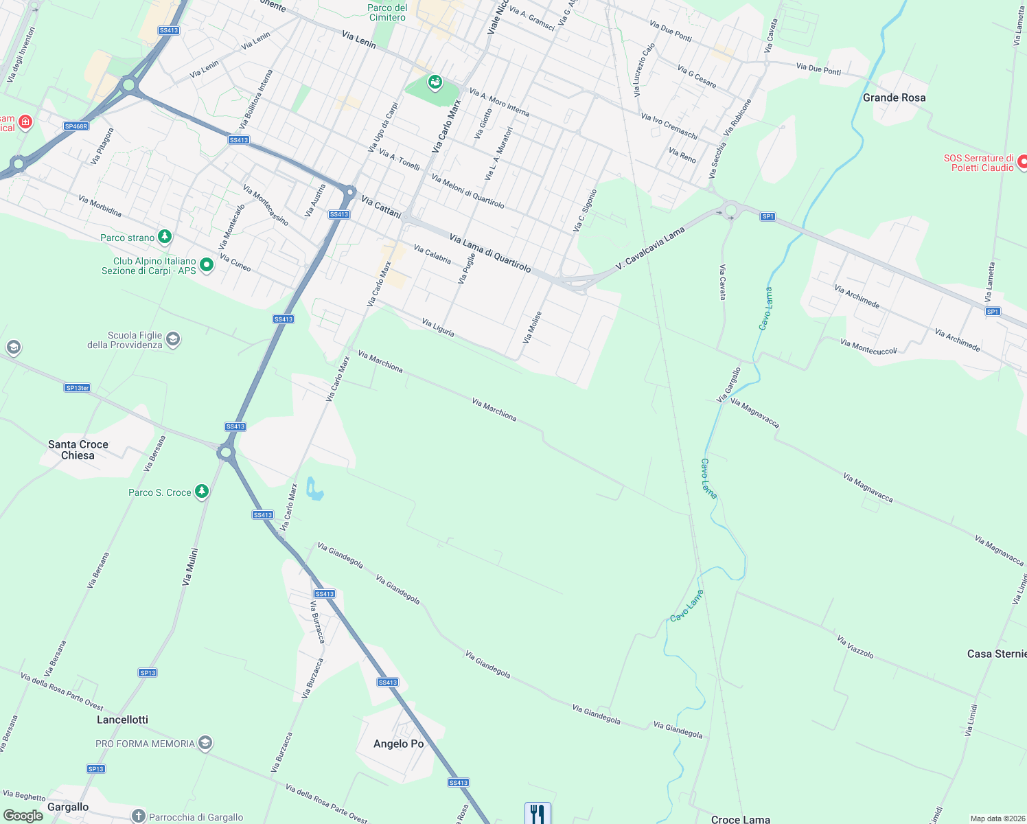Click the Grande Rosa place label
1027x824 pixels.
click(894, 98)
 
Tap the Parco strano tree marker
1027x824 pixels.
click(165, 237)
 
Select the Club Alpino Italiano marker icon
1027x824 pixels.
click(207, 265)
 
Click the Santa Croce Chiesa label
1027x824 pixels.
click(78, 450)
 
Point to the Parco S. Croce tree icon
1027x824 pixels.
click(201, 492)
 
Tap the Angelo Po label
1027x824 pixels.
click(398, 744)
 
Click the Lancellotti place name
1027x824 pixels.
click(122, 720)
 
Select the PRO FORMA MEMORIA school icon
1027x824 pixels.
click(205, 743)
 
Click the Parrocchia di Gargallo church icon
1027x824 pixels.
click(139, 816)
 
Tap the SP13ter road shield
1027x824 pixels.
click(78, 388)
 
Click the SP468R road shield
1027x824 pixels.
click(76, 126)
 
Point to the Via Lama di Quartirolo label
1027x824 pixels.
click(490, 253)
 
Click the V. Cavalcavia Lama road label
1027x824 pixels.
click(650, 248)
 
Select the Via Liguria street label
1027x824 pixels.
click(438, 328)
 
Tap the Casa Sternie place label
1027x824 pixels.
click(996, 654)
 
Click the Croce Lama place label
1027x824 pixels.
click(740, 819)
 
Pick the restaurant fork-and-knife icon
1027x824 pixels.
click(538, 814)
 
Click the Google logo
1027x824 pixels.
click(23, 816)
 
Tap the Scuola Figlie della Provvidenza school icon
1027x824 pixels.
click(174, 339)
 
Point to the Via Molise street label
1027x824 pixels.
click(533, 328)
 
